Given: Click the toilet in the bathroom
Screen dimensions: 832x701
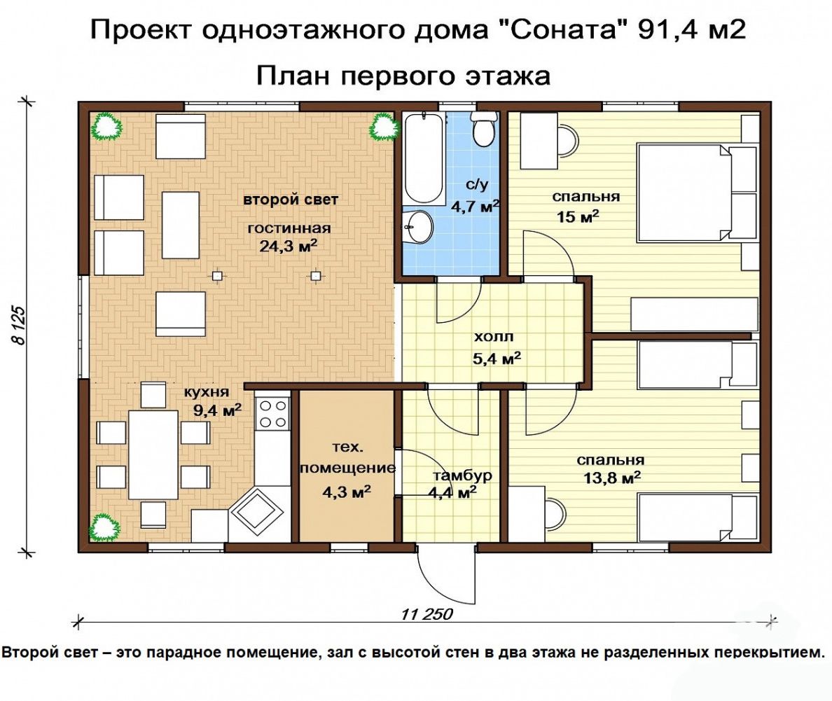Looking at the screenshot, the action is [484, 130].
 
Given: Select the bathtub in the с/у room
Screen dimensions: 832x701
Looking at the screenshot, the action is [424, 158].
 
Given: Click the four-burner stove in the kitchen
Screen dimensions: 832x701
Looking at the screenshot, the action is [272, 413].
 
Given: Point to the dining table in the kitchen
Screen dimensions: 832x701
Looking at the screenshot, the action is [153, 454].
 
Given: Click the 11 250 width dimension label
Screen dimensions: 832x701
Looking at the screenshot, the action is [427, 614].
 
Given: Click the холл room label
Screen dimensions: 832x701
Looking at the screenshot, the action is [494, 336].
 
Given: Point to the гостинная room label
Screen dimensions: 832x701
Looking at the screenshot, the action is [289, 228].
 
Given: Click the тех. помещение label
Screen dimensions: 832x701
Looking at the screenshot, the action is [347, 457].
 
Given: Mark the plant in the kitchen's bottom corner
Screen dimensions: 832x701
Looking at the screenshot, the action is [105, 527].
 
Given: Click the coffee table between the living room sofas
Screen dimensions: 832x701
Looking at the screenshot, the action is [181, 225].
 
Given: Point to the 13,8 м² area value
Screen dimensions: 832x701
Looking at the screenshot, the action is [612, 478].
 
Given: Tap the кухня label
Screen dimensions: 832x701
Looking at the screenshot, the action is [207, 392].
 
